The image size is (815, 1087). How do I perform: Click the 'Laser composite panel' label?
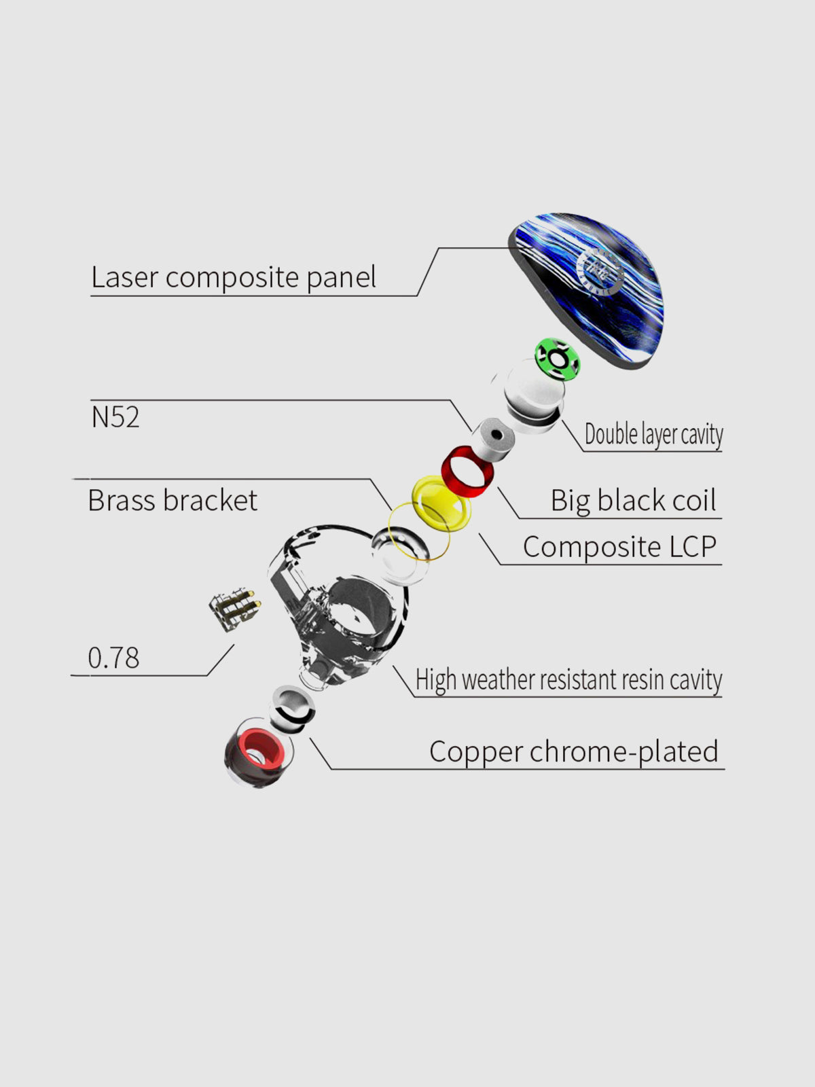233,277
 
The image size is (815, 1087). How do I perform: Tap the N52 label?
115,417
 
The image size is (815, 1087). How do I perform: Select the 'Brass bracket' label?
173,500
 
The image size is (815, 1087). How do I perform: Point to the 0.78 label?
114,658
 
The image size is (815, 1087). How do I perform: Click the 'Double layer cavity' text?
653,435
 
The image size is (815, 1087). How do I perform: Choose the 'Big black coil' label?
634,500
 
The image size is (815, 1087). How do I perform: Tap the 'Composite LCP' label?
619,547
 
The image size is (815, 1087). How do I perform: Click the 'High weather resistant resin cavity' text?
568,679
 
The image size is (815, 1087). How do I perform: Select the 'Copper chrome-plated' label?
573,752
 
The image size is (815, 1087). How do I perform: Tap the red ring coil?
467,471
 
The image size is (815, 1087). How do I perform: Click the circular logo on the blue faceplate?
601,270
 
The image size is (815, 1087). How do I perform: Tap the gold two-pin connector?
234,609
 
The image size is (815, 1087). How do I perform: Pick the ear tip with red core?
258,752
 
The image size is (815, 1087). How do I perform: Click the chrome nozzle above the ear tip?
293,709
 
